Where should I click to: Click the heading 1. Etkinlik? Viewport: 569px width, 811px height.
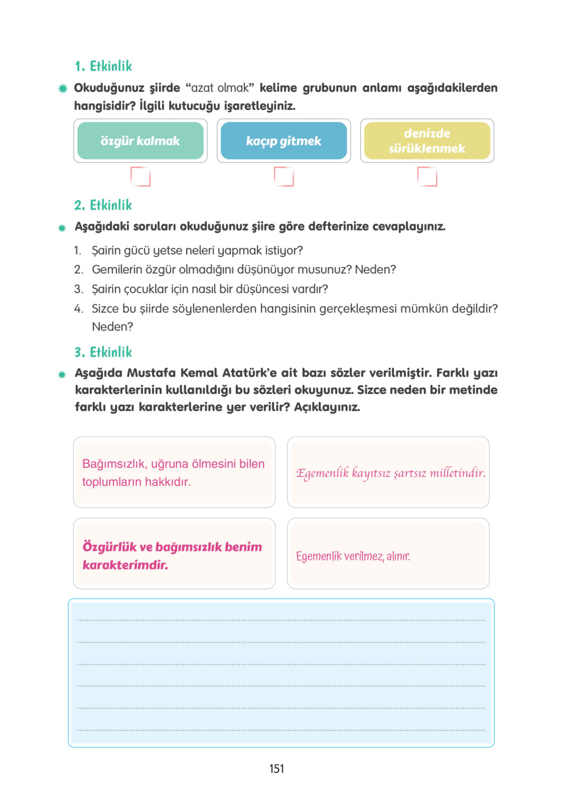pyautogui.click(x=103, y=66)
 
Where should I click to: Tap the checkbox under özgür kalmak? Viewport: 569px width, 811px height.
pyautogui.click(x=140, y=176)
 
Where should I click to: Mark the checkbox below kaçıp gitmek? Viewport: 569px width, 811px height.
pyautogui.click(x=284, y=176)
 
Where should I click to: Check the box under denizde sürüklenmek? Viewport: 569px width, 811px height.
pyautogui.click(x=427, y=176)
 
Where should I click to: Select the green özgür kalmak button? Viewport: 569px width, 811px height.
pyautogui.click(x=140, y=141)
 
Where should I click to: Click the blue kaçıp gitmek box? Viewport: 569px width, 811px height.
pyautogui.click(x=284, y=141)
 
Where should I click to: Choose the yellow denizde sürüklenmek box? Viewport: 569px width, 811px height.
pyautogui.click(x=427, y=141)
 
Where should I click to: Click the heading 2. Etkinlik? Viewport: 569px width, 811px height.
pyautogui.click(x=103, y=205)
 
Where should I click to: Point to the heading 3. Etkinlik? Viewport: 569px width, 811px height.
pyautogui.click(x=103, y=352)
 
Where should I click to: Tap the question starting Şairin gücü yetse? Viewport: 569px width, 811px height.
pyautogui.click(x=197, y=251)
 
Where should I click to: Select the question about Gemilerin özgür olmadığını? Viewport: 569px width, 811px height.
pyautogui.click(x=244, y=270)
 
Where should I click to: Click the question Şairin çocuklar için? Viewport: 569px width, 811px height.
pyautogui.click(x=210, y=289)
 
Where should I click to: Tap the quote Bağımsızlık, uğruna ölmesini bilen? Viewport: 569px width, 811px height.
pyautogui.click(x=173, y=472)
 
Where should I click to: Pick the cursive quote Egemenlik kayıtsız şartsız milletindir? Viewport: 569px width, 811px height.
pyautogui.click(x=390, y=473)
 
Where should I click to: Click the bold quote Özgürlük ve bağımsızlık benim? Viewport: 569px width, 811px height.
pyautogui.click(x=172, y=555)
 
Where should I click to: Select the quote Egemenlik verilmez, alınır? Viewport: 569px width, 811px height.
pyautogui.click(x=353, y=556)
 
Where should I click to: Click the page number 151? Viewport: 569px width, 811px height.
pyautogui.click(x=277, y=769)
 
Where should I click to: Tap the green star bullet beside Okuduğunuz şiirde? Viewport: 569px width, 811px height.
pyautogui.click(x=63, y=88)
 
